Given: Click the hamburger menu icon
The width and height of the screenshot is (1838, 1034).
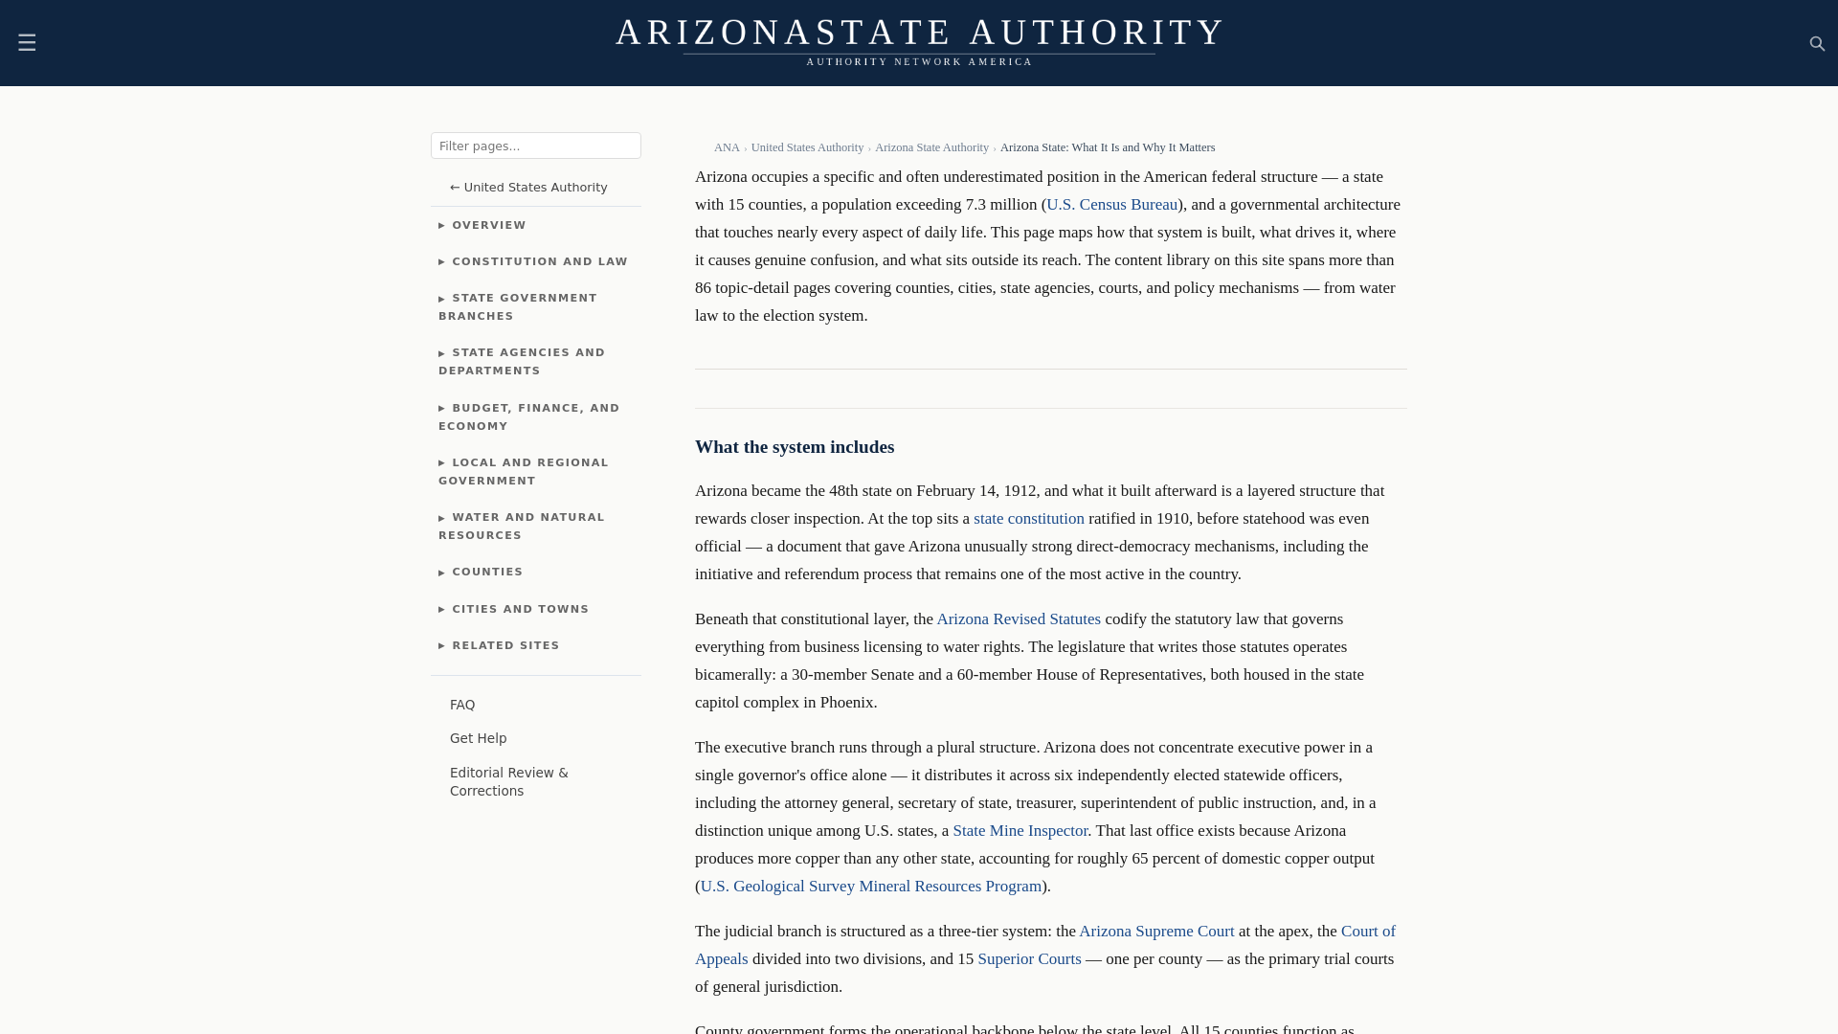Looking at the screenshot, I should [27, 43].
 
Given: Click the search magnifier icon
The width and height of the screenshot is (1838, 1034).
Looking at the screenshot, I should [1817, 44].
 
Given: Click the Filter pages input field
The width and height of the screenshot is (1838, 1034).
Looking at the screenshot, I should [535, 146].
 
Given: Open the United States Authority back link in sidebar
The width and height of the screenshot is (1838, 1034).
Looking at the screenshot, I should [528, 188].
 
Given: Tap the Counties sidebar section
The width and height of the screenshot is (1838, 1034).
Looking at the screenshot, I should [487, 573].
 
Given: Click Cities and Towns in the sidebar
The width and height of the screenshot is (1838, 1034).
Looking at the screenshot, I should [520, 609].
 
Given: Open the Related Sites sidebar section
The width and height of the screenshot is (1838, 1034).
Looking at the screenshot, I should [505, 646].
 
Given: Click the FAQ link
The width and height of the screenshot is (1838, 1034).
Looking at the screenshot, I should [462, 705].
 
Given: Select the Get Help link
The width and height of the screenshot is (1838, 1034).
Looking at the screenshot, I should [478, 738].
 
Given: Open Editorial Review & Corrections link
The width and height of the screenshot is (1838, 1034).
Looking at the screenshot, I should [508, 781].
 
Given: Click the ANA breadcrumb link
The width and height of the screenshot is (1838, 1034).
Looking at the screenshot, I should [727, 147].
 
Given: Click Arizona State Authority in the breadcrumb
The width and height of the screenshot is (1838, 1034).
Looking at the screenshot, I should [931, 147].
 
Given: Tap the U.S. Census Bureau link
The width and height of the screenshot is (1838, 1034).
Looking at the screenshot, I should [1111, 205].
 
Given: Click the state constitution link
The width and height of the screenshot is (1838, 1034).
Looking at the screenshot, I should [1028, 519].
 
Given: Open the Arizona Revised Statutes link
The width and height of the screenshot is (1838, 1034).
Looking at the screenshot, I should [1018, 619].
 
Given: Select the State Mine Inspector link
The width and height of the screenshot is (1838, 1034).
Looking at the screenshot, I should [1020, 831].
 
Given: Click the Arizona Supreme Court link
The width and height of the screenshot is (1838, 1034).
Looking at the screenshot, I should [1156, 932].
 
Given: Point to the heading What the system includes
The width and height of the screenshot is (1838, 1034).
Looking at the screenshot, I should [794, 447].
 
